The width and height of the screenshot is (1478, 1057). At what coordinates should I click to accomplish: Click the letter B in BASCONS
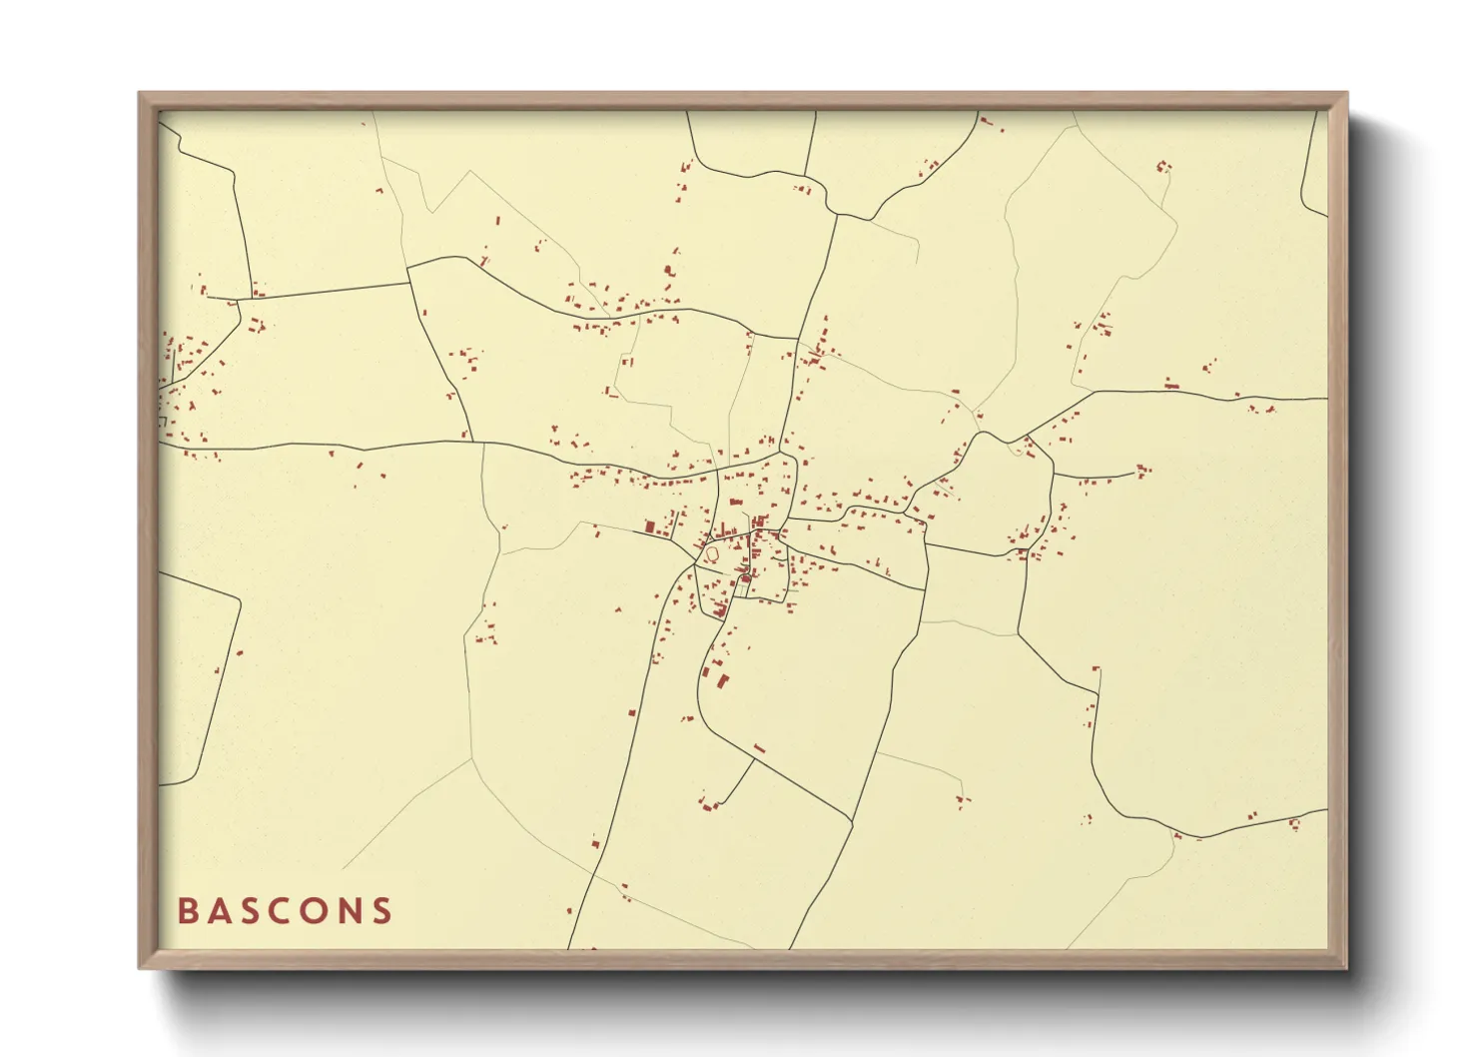pyautogui.click(x=187, y=911)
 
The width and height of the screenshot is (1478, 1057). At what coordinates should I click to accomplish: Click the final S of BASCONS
pyautogui.click(x=381, y=911)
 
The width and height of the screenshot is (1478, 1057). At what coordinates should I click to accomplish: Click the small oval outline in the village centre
pyautogui.click(x=713, y=552)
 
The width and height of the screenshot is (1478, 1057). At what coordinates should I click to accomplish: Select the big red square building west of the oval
pyautogui.click(x=649, y=527)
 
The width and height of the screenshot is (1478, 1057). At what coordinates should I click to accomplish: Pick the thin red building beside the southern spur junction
pyautogui.click(x=759, y=748)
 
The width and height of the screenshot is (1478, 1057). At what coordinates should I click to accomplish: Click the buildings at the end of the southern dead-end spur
pyautogui.click(x=711, y=804)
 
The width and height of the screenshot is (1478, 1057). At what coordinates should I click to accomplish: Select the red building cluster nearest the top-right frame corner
pyautogui.click(x=1162, y=167)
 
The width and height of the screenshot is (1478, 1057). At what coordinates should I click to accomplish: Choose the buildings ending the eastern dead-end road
pyautogui.click(x=1142, y=468)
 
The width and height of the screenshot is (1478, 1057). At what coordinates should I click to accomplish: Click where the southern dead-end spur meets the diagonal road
pyautogui.click(x=754, y=760)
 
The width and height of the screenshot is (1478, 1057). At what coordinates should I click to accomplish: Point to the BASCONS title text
pyautogui.click(x=285, y=911)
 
